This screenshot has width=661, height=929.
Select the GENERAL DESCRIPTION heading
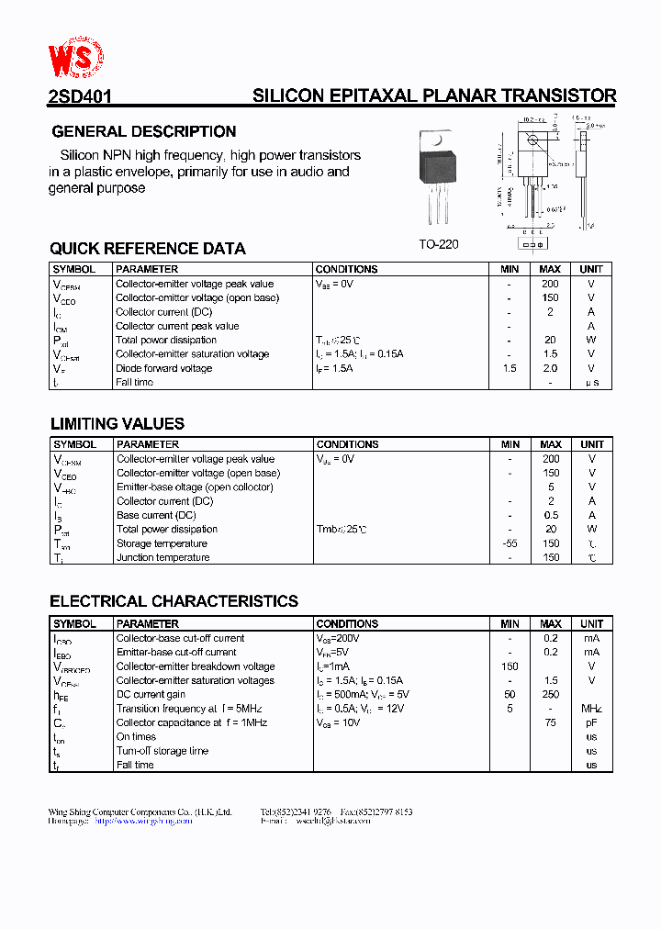click(x=144, y=131)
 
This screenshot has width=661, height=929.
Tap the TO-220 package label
click(x=438, y=244)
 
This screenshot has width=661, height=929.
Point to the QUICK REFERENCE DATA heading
click(x=148, y=249)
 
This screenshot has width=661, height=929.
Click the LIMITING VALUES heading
click(x=118, y=424)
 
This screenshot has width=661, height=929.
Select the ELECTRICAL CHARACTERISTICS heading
click(x=174, y=602)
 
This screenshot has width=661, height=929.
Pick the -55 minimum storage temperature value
click(x=510, y=543)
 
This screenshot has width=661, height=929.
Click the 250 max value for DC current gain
click(x=551, y=695)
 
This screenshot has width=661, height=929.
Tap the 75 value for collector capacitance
click(x=551, y=722)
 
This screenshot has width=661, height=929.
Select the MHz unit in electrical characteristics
click(x=591, y=709)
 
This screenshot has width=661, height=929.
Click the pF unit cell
click(x=591, y=722)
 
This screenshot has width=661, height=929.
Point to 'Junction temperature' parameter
click(x=162, y=557)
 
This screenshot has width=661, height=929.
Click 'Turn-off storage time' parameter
click(x=162, y=751)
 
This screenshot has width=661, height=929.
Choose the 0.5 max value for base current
click(x=551, y=515)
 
